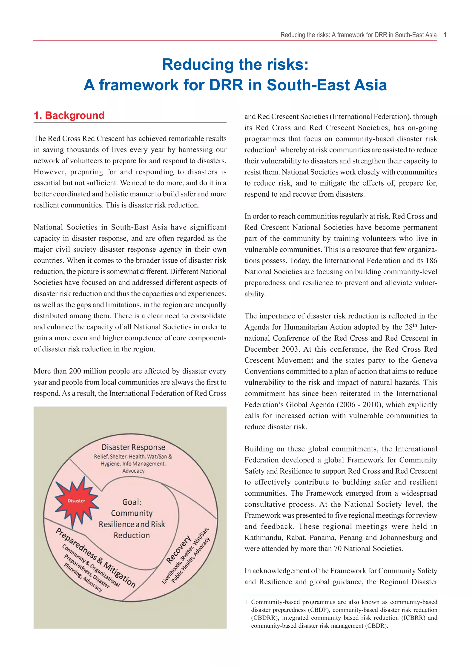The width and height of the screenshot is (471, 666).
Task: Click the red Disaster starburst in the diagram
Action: coord(77,501)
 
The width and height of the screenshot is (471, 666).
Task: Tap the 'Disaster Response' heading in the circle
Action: coord(133,447)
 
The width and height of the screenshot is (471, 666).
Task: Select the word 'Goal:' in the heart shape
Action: coord(132,502)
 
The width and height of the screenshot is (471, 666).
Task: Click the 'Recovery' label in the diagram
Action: coord(178,549)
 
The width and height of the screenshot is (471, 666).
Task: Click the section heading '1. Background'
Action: coord(69,115)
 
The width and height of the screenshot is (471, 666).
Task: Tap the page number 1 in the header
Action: coord(445,35)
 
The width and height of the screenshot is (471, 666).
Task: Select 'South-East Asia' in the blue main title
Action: coord(327,85)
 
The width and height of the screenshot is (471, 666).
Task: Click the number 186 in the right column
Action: coord(431,261)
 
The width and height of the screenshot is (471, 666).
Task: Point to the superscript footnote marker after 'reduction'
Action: coord(276,148)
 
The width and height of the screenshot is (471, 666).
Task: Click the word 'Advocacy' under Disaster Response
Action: coord(133,471)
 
